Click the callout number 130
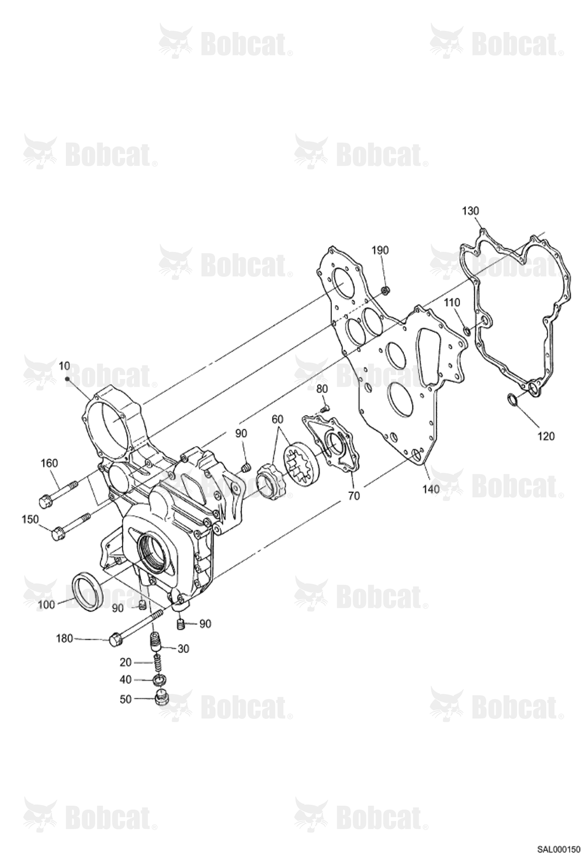pos(470,211)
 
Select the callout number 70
pos(353,496)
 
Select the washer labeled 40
pos(159,680)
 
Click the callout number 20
pos(125,662)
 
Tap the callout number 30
pos(183,649)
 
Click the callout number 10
pos(64,366)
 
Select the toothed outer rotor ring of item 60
pos(301,461)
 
